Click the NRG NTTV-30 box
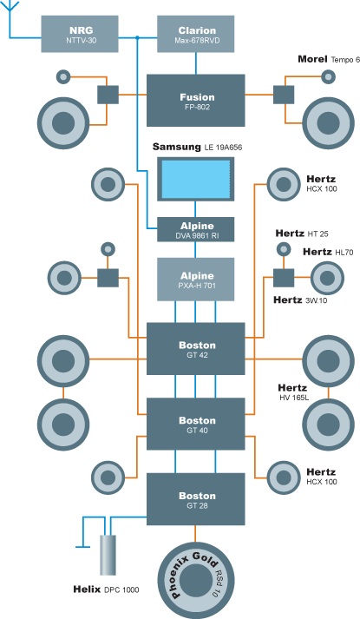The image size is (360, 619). (80, 34)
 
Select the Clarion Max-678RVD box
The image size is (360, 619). (195, 34)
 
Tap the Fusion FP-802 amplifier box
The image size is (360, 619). (195, 100)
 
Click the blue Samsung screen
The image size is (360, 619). (195, 179)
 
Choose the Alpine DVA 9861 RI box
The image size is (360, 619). (195, 229)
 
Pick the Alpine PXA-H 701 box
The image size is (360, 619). (195, 279)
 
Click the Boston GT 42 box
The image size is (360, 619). (195, 349)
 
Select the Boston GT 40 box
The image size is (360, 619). (195, 424)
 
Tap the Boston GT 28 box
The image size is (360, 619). (195, 499)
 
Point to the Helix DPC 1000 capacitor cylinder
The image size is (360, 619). (108, 555)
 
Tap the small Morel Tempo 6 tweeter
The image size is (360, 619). (328, 77)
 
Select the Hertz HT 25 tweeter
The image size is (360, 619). (283, 249)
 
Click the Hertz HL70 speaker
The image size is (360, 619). (327, 278)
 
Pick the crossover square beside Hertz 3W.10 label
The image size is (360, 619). (284, 278)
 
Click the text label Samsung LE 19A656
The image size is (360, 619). (197, 148)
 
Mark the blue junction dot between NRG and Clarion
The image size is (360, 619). (137, 38)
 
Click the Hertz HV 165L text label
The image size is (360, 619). (293, 392)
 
